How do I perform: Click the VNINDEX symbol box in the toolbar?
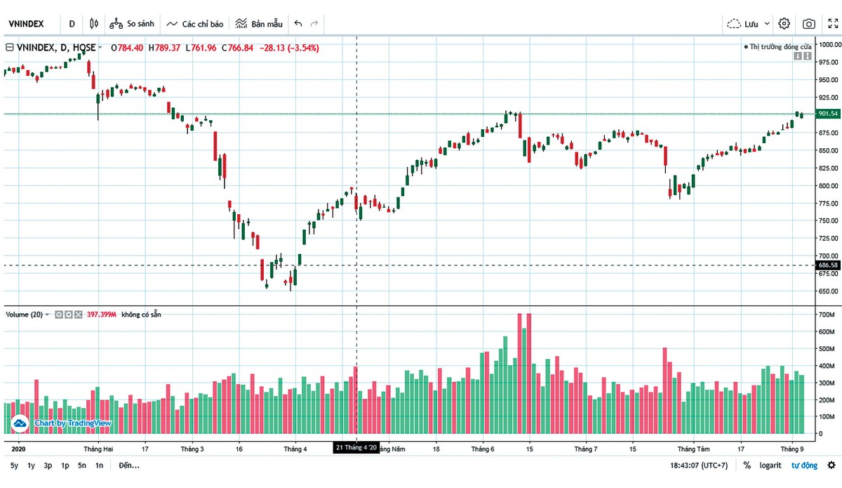pos(27,24)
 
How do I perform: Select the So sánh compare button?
pos(132,24)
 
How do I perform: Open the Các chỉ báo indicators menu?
pos(195,24)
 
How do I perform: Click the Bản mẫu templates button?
pos(259,24)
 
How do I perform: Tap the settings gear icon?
pos(784,24)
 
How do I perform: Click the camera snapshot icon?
pos(809,24)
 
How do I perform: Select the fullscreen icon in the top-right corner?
pos(833,24)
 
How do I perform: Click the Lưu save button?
pos(749,24)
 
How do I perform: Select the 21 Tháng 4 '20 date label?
pos(356,447)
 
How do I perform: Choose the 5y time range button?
pos(14,466)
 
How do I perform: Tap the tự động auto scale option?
pos(804,466)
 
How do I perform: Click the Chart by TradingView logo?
pos(64,423)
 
